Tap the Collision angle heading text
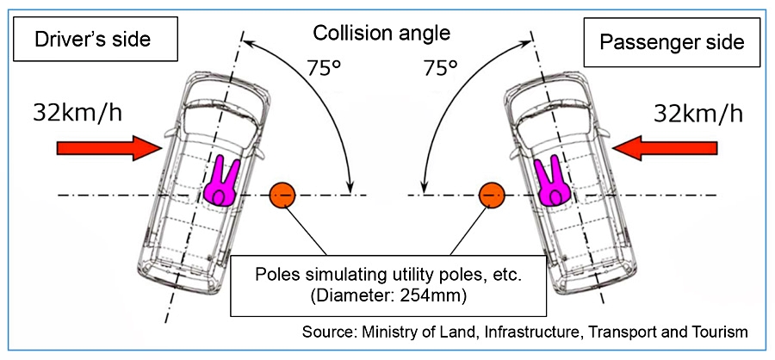pos(381,34)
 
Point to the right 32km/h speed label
pos(691,111)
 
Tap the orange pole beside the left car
pos(282,196)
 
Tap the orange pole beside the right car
pos(491,196)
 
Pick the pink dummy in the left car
pos(222,179)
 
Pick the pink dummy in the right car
pos(550,179)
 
